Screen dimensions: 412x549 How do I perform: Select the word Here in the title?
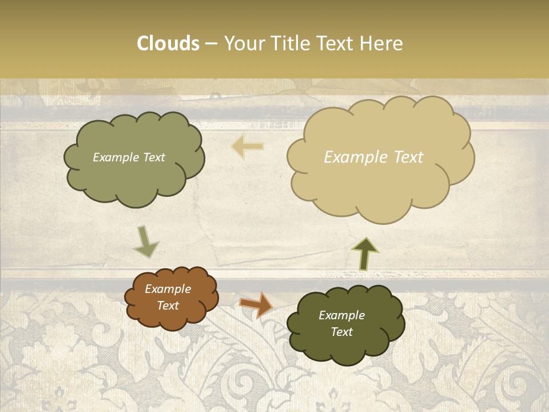pos(382,43)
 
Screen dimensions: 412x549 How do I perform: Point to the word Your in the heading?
pos(245,43)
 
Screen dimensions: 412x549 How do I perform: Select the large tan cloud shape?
pos(380,183)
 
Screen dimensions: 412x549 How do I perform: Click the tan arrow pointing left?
pos(248,147)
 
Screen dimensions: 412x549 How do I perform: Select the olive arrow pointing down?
pos(146,241)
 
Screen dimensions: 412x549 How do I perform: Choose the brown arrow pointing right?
pos(256,305)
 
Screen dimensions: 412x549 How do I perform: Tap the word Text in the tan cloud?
pos(409,157)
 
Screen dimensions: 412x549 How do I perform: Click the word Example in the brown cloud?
pos(168,289)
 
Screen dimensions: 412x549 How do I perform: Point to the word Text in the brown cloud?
pos(168,306)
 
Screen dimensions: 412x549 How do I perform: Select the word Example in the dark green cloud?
pos(341,315)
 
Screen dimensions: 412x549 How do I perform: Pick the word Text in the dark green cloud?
pos(341,332)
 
